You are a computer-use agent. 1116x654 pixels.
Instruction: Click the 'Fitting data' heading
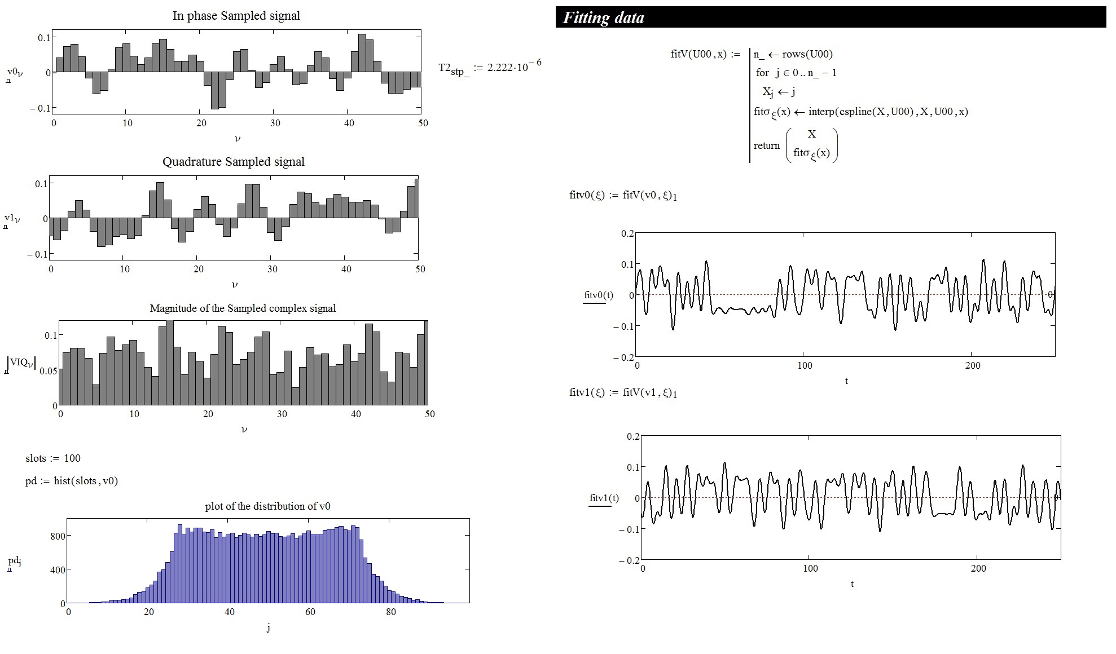point(603,18)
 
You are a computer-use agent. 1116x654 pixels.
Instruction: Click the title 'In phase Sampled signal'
point(236,16)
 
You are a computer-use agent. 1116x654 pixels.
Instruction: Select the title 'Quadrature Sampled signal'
point(233,162)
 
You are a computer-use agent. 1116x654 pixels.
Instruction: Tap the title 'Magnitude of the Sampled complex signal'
point(243,308)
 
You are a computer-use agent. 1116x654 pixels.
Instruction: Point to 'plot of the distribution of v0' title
point(267,506)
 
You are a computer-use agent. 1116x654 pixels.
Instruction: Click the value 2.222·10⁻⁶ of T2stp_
point(514,67)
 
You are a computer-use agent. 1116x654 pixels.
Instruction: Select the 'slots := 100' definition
point(52,458)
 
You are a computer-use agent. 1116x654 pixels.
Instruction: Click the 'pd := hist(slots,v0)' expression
point(72,480)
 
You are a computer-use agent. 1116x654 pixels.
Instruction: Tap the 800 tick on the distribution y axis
point(58,536)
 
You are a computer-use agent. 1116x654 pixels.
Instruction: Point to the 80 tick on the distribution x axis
point(390,612)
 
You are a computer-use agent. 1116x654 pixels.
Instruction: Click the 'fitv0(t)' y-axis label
point(598,295)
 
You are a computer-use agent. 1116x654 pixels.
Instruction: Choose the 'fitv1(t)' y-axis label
point(604,498)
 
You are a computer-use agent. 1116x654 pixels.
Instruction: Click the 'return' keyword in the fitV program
point(766,145)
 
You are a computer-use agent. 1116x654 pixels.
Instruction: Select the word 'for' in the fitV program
point(762,73)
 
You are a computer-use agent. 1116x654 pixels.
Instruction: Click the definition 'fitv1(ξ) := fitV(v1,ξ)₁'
point(623,392)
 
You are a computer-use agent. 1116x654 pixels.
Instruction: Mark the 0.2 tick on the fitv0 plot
point(627,233)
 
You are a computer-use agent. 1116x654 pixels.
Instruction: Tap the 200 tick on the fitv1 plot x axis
point(978,568)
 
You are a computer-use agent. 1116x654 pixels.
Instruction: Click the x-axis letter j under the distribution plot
point(268,628)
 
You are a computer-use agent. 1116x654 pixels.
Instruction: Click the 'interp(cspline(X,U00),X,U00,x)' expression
point(888,111)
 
